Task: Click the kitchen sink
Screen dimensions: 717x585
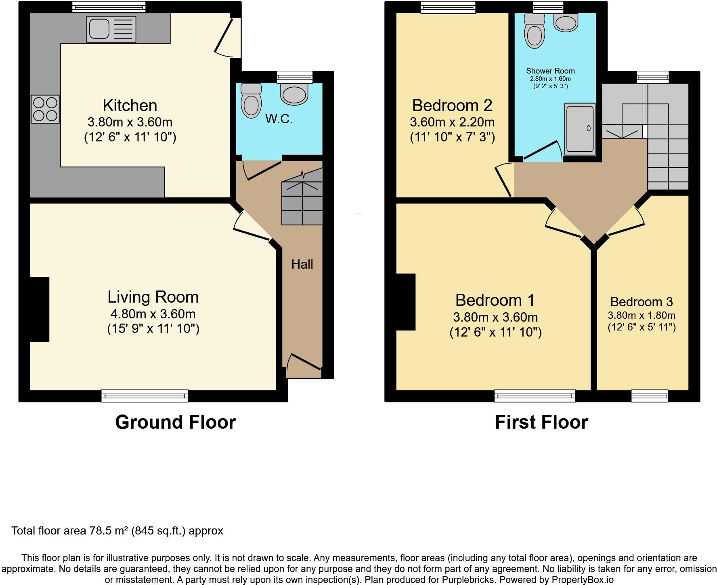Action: [x=111, y=29]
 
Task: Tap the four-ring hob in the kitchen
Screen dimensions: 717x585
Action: [x=45, y=109]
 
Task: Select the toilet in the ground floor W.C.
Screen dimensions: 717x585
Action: [x=251, y=101]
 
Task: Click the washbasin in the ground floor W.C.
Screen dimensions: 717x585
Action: [x=294, y=93]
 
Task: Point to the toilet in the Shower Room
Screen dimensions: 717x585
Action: [x=534, y=31]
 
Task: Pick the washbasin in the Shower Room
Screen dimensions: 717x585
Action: [x=566, y=22]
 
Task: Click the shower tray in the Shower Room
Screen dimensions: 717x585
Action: [x=580, y=129]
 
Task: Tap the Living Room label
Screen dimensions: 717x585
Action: [x=153, y=297]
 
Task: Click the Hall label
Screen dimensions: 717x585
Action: [x=302, y=264]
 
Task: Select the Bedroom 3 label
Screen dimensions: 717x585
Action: [x=642, y=302]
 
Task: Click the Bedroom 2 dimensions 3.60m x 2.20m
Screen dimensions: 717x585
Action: [x=452, y=122]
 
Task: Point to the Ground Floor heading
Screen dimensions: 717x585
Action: [x=176, y=422]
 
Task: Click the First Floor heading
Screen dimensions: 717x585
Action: [x=541, y=422]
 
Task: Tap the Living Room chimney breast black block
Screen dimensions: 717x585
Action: [x=40, y=309]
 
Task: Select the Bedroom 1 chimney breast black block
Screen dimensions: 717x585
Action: [x=405, y=302]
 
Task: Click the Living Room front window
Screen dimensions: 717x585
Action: [x=145, y=396]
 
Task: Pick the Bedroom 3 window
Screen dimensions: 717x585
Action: [x=650, y=396]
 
